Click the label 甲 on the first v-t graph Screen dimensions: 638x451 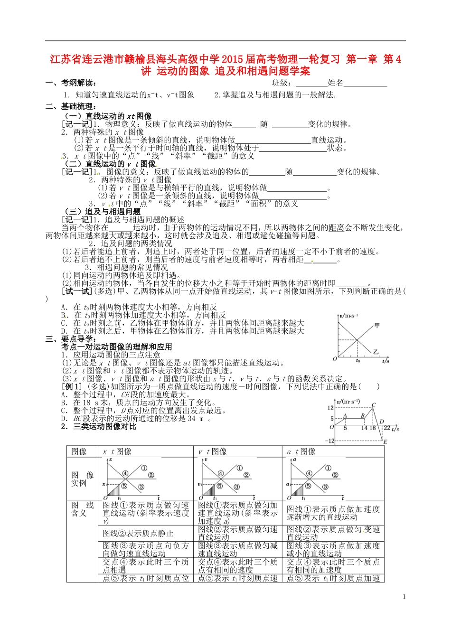coord(377,326)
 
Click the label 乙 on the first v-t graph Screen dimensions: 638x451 coord(376,352)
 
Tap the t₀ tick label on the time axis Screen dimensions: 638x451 coord(357,361)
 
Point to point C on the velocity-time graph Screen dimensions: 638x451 coord(374,405)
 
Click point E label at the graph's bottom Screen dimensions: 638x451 coord(385,442)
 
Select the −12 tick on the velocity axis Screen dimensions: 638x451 coord(329,441)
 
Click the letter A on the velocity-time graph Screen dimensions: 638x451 coord(345,415)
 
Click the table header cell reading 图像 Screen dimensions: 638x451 coord(79,451)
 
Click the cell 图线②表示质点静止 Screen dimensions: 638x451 coord(138,533)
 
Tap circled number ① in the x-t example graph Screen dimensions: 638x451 coord(144,468)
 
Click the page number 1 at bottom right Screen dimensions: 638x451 coord(404,596)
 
